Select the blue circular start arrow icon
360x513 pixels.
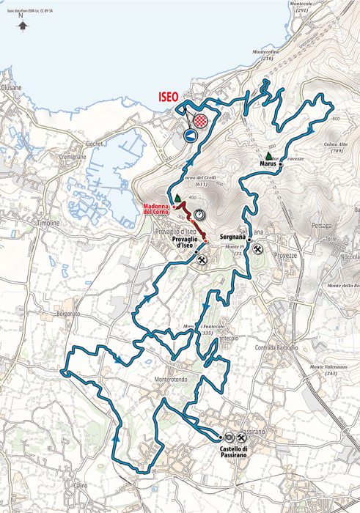[192, 135]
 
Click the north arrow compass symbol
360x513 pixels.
[23, 25]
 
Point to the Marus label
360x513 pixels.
[268, 164]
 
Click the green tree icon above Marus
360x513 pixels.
[269, 156]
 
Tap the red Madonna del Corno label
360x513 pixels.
[158, 210]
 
